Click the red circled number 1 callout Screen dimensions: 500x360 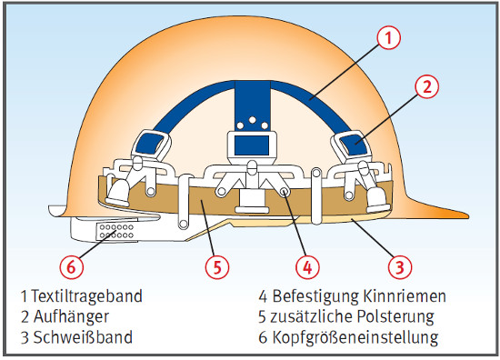(x=388, y=38)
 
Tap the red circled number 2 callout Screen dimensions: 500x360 (x=427, y=86)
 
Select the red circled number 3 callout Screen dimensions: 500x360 (x=400, y=267)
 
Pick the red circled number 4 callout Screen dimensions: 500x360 (x=307, y=267)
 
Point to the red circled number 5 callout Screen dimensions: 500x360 (x=217, y=267)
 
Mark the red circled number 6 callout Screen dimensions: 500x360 (x=72, y=267)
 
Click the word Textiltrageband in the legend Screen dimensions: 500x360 (x=86, y=296)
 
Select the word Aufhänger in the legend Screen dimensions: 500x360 (x=71, y=316)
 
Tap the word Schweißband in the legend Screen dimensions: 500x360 (x=83, y=337)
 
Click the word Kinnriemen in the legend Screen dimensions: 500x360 (x=405, y=296)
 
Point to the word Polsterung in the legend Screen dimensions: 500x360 (x=395, y=316)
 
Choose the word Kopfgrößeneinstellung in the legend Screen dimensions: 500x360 (x=355, y=338)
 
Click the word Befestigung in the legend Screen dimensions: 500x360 (x=315, y=296)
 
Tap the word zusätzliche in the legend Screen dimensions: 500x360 (x=312, y=316)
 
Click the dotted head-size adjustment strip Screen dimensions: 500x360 (x=115, y=232)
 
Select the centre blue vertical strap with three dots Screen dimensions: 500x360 (x=253, y=105)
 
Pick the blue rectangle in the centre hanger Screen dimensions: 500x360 (x=252, y=145)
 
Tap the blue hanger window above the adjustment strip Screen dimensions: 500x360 (x=148, y=145)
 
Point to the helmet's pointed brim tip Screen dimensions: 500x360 (x=468, y=216)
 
